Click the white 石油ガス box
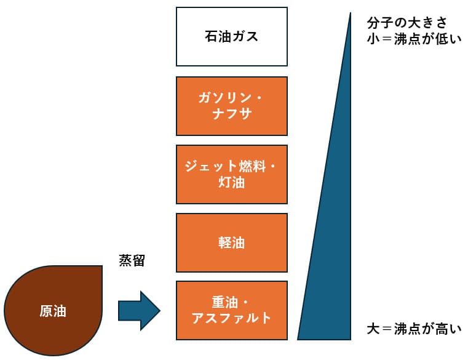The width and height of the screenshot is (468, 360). click(x=231, y=36)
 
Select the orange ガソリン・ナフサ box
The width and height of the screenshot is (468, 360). click(x=231, y=106)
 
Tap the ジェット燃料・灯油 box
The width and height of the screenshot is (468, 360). click(x=231, y=174)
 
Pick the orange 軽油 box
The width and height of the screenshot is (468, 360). click(x=231, y=242)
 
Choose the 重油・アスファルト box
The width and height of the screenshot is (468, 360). click(x=231, y=310)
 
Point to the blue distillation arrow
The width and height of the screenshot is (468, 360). click(x=139, y=311)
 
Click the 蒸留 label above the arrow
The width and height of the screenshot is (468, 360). click(x=132, y=260)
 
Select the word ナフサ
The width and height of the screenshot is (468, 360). click(x=231, y=114)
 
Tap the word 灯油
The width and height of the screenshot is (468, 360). click(x=231, y=182)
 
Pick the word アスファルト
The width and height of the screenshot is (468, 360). click(x=231, y=318)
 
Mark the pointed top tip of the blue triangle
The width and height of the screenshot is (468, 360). click(x=350, y=14)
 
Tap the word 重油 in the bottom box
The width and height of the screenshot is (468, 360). click(x=225, y=302)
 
